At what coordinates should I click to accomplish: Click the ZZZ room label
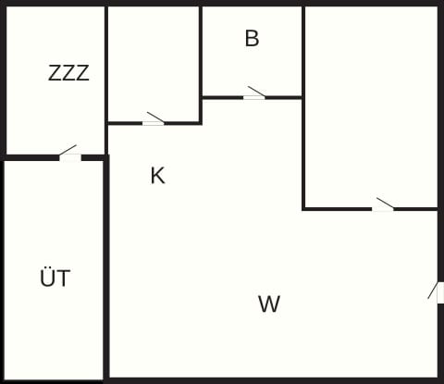click(x=68, y=73)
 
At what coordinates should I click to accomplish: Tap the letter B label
click(x=252, y=38)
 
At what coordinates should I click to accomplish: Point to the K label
click(x=157, y=176)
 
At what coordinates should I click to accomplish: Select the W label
click(x=269, y=303)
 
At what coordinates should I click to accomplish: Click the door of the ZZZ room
click(x=70, y=154)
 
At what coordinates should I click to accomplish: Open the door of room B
click(x=255, y=93)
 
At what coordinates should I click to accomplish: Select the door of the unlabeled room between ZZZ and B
click(x=154, y=119)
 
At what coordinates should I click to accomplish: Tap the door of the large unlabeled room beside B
click(x=383, y=204)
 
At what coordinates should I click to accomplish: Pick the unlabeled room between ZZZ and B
click(x=154, y=64)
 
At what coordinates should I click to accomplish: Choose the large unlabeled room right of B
click(x=371, y=106)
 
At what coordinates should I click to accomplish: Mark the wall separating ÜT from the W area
click(x=106, y=267)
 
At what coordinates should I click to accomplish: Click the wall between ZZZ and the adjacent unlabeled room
click(x=106, y=81)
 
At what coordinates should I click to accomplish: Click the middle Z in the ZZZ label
click(x=68, y=73)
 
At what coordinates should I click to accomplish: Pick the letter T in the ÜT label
click(x=64, y=278)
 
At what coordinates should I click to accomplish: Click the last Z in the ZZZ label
click(x=82, y=73)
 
